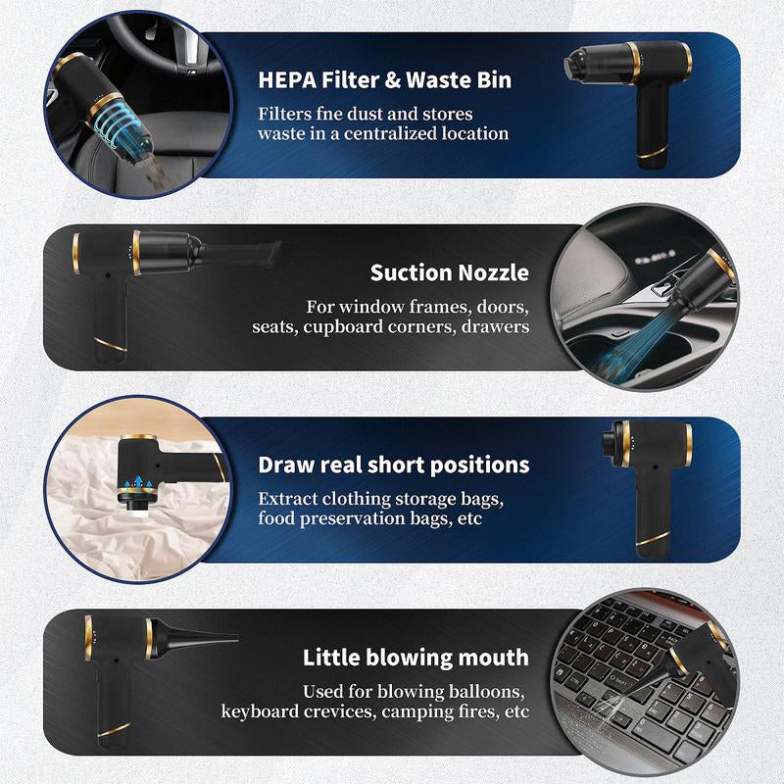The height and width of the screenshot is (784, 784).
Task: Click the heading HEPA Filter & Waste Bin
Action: [x=384, y=80]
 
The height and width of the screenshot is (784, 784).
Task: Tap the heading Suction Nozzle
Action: [x=449, y=272]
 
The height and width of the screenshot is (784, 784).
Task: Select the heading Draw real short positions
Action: [x=394, y=465]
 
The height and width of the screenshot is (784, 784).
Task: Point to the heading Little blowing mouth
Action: [x=416, y=657]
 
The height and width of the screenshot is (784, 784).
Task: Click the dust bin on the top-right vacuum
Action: [x=597, y=63]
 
